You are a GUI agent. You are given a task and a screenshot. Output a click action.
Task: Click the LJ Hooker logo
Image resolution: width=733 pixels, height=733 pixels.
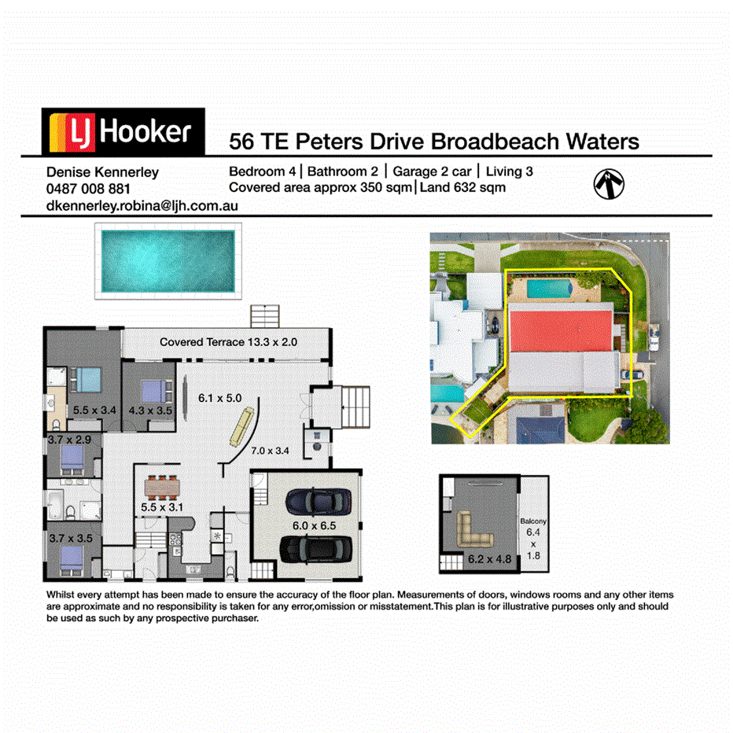123,131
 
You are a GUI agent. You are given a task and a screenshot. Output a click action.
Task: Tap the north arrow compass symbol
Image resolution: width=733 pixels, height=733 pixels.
609,184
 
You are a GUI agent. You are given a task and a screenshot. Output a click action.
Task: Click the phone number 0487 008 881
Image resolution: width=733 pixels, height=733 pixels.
88,189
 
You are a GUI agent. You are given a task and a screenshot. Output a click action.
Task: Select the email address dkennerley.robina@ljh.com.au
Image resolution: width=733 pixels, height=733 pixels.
142,206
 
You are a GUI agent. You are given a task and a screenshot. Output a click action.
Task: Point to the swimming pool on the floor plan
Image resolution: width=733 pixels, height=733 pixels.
168,261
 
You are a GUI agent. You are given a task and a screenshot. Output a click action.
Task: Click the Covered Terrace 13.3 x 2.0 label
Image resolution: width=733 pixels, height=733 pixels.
229,342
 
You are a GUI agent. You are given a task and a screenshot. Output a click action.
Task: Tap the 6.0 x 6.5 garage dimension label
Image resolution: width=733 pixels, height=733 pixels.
314,525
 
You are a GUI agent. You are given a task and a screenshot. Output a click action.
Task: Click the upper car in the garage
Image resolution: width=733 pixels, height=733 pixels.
319,502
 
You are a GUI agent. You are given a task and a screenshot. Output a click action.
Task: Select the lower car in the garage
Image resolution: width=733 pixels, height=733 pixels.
316,549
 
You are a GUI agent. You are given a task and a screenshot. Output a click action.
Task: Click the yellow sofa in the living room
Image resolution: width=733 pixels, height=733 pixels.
242,426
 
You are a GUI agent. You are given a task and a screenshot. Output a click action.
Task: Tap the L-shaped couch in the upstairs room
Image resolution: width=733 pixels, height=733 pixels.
474,529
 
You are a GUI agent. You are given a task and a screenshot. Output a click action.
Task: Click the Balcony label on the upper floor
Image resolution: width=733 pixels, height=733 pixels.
533,521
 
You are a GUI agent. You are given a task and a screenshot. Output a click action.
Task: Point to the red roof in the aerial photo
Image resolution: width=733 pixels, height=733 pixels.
561,331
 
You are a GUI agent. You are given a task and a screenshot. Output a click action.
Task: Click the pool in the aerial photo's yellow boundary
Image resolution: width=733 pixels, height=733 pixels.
549,289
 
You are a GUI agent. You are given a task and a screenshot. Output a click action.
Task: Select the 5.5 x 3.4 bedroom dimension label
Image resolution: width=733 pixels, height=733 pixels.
94,410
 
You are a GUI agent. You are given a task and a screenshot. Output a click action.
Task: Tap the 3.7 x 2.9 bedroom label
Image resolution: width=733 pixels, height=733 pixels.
69,440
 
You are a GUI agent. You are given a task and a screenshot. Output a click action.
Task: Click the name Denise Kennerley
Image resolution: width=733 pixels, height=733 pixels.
102,172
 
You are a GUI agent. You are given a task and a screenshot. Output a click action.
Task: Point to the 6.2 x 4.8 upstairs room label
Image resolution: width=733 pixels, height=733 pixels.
489,559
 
